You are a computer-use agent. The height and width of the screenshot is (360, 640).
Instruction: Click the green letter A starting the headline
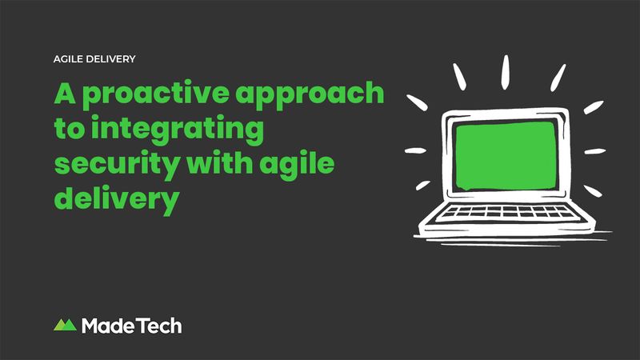coord(65,93)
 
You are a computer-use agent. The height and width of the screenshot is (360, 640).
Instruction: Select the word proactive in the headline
coord(156,95)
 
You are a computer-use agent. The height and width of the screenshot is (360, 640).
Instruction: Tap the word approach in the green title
coord(310,95)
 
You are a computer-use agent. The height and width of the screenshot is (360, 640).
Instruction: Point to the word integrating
coord(177,130)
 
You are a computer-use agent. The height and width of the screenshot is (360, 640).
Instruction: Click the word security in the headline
coord(117,166)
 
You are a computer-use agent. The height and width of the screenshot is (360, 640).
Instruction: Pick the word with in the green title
coord(219,163)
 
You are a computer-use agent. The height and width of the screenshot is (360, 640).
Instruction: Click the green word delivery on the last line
coord(117,200)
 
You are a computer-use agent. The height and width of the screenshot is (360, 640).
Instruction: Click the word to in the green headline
coord(70,129)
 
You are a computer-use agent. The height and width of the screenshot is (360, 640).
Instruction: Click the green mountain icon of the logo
coord(66,325)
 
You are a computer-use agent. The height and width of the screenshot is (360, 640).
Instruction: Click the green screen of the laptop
coord(506,156)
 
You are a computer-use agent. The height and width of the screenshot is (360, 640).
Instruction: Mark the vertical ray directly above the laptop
coord(506,72)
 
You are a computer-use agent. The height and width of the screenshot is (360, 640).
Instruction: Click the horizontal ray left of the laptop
coord(415,150)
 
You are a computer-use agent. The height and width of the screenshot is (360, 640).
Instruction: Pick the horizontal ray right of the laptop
coord(595,151)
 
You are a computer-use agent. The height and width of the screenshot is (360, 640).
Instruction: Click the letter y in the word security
coord(170,169)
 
